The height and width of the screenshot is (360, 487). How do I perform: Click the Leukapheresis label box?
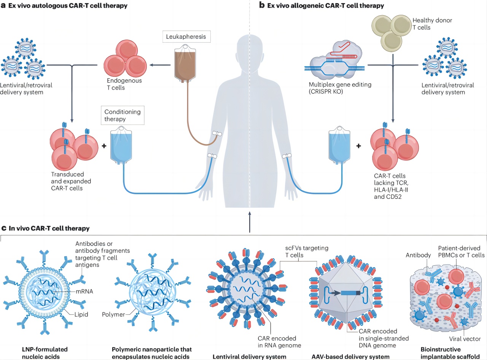point(186,36)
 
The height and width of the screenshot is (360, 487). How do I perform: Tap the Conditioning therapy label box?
point(123,116)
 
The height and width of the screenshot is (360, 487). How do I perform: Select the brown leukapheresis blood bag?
point(185,63)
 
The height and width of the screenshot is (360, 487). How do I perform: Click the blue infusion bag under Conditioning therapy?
point(121,145)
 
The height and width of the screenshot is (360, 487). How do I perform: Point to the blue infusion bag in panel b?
point(339,145)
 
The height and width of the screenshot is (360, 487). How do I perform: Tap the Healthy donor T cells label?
point(432,24)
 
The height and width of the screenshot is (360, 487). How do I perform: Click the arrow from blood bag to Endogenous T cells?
point(160,65)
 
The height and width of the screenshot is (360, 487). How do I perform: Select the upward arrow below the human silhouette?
point(250,222)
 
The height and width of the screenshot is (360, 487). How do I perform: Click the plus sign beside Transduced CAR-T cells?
point(104,146)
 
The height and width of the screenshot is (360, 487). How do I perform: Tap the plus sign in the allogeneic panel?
point(358,146)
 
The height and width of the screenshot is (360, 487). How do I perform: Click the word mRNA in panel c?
point(84,291)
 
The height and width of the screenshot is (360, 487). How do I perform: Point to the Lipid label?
point(81,314)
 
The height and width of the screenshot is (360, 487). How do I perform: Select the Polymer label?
point(113,314)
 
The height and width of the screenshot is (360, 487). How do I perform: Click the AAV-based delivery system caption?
point(350,357)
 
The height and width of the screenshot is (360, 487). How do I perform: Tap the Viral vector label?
point(465,339)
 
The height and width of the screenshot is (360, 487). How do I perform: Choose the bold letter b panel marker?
point(262,5)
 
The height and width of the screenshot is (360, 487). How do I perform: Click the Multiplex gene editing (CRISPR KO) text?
point(340,88)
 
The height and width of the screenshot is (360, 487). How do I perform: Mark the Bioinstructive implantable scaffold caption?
point(450,353)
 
